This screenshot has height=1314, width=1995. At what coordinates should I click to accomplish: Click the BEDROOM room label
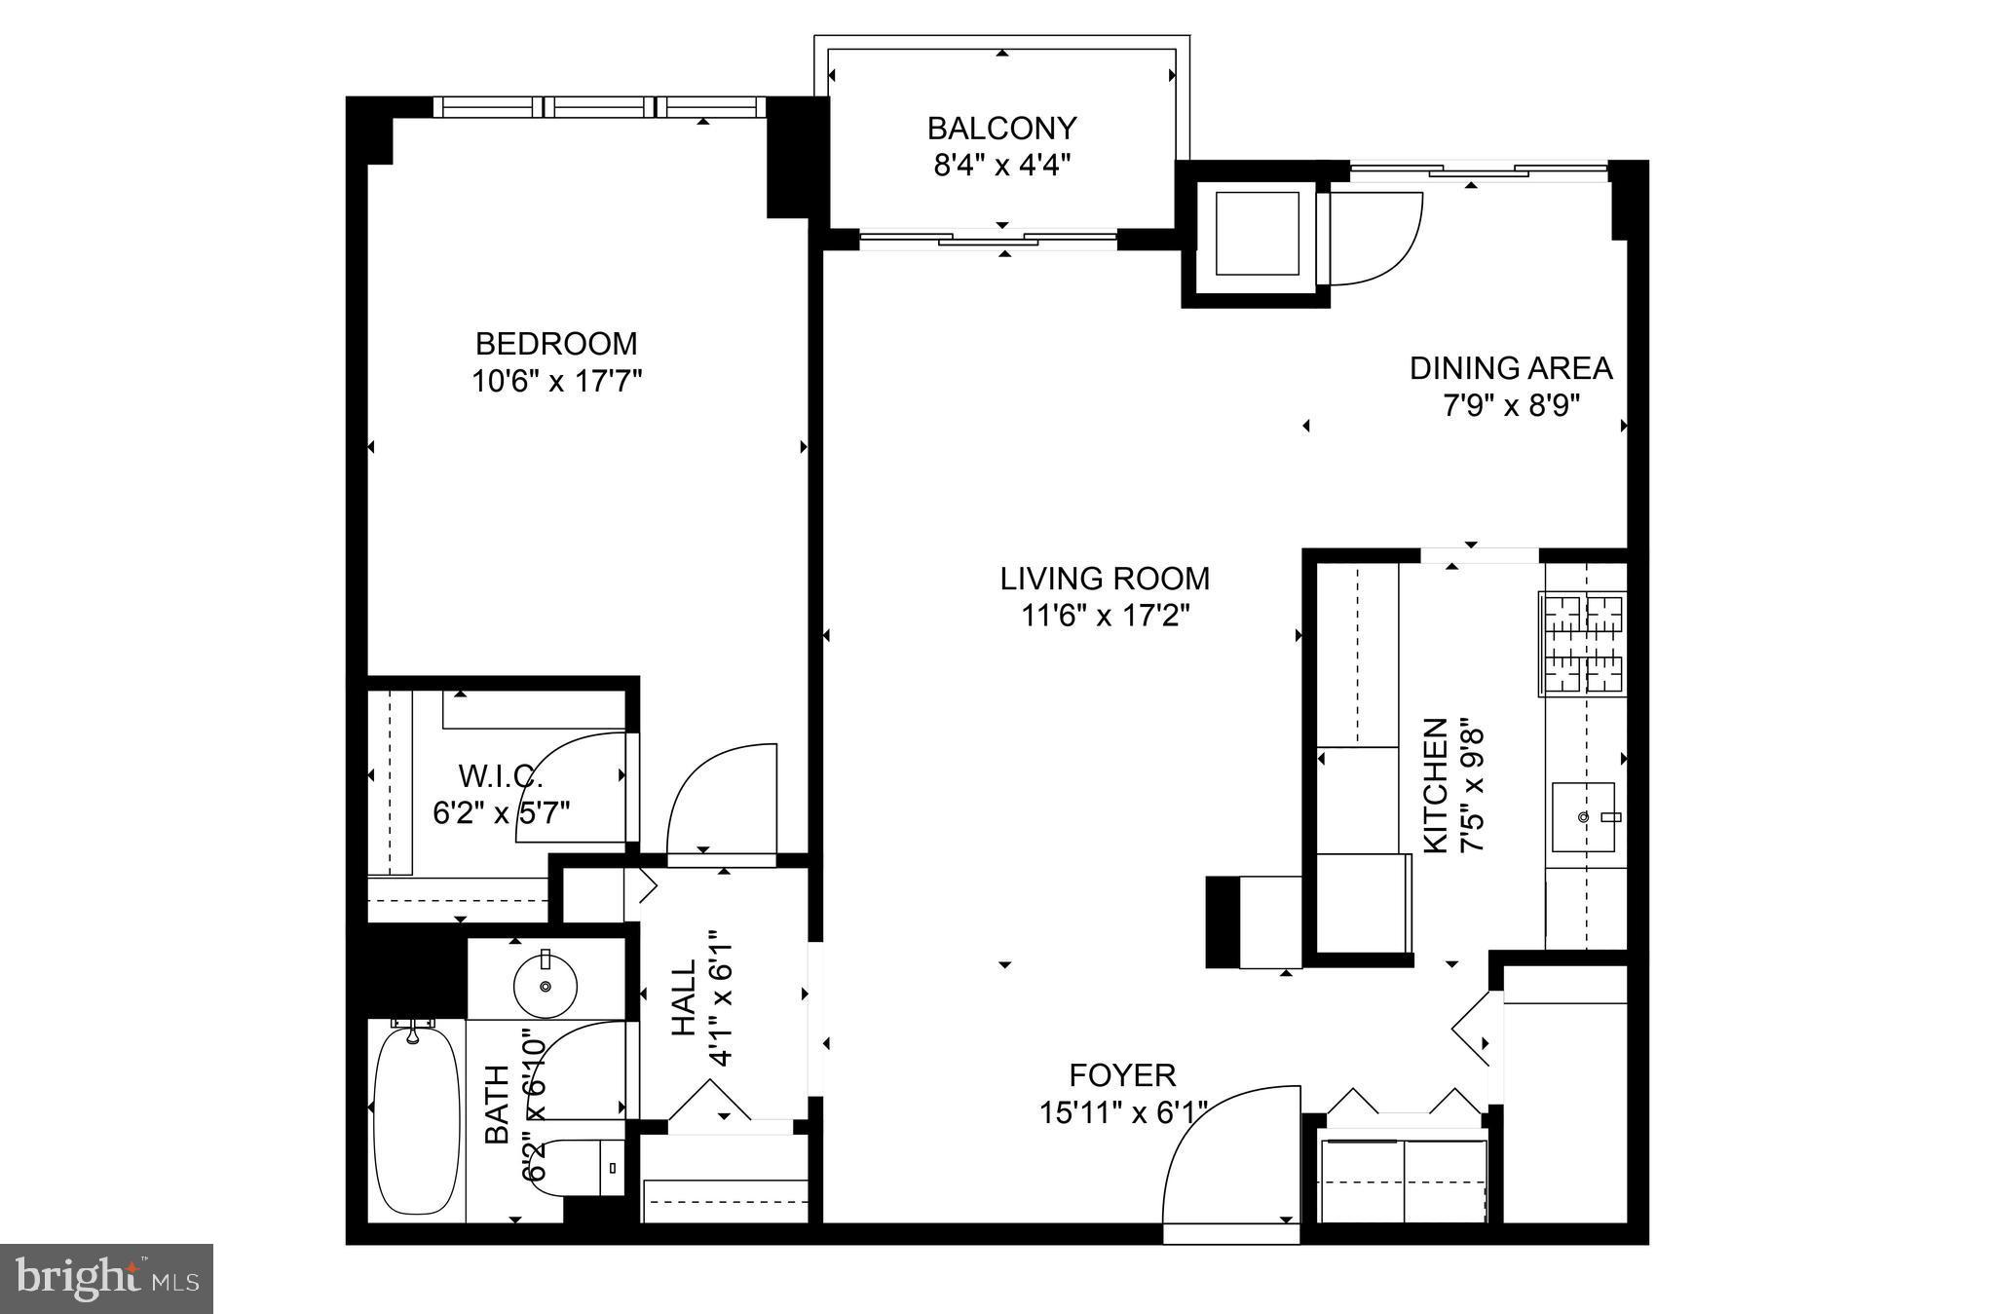tap(556, 344)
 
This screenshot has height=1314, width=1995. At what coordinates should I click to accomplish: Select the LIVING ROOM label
tap(1105, 579)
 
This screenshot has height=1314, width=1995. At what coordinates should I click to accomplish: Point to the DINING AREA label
tap(1511, 368)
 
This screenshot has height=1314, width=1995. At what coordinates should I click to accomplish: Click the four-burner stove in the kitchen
tap(1583, 644)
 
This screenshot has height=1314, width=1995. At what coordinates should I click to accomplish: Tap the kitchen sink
tap(1583, 816)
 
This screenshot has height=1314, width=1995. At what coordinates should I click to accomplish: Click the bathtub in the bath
tap(416, 1120)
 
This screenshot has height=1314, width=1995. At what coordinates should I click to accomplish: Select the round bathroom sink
tap(546, 986)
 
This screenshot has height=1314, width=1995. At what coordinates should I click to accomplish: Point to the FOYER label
tap(1122, 1075)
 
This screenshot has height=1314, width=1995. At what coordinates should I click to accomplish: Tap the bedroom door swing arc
tap(722, 799)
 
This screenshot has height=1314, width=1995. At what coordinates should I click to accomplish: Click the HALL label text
tap(685, 997)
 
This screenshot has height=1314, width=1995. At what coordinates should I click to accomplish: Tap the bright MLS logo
tap(106, 1278)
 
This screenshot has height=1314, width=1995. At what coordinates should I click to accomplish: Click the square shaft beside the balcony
tap(1256, 234)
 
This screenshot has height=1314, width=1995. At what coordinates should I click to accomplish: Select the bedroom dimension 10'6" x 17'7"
tap(556, 381)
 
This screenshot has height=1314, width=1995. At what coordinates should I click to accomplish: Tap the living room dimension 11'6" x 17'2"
tap(1105, 616)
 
